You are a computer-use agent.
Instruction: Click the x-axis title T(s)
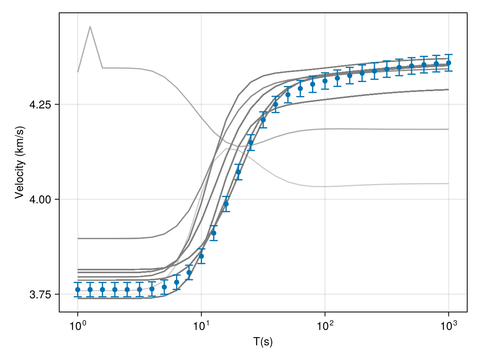pos(263,342)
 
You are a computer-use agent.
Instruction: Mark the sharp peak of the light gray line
pos(90,26)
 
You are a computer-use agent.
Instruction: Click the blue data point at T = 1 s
pos(78,290)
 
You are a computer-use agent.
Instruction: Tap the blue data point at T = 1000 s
pos(448,63)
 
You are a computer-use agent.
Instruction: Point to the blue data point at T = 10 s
pos(201,256)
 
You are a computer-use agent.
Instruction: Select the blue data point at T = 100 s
pos(325,81)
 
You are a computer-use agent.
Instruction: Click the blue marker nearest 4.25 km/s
pos(275,104)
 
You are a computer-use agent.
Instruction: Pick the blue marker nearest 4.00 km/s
pos(226,204)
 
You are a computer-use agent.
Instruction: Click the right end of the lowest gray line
pos(448,184)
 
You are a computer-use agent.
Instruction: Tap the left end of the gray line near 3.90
pos(78,238)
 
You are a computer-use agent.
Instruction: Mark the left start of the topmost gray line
pos(78,72)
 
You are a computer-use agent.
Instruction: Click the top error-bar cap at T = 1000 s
pos(448,54)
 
